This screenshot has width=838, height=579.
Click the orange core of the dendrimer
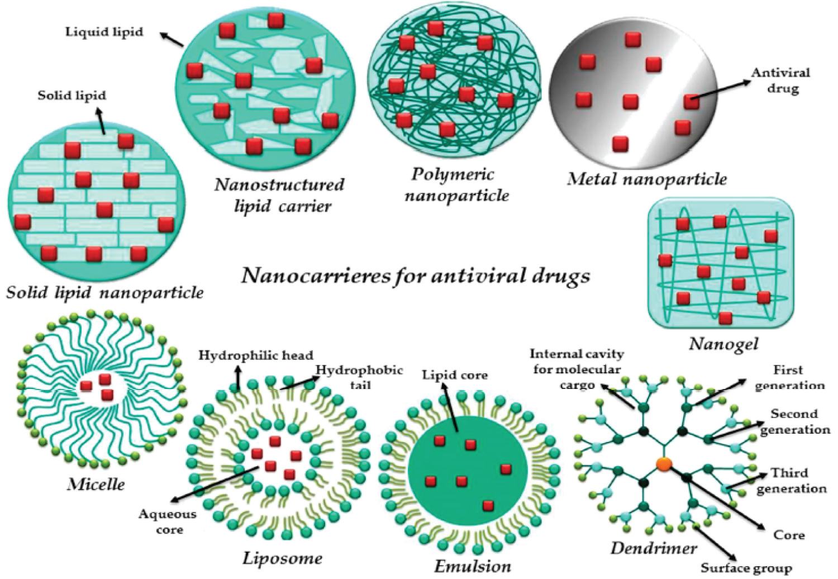click(664, 464)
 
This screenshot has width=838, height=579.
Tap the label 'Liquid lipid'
click(104, 32)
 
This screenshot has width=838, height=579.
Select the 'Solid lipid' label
click(72, 96)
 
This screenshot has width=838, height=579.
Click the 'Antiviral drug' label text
click(780, 80)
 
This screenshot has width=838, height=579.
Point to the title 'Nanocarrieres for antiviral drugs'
click(416, 276)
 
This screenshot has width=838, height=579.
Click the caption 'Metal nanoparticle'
click(647, 179)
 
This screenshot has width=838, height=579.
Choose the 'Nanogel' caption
click(723, 343)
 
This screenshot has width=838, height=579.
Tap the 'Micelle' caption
click(96, 484)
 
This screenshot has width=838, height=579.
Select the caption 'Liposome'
click(282, 558)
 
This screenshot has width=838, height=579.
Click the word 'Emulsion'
click(473, 566)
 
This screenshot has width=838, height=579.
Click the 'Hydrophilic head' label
click(256, 355)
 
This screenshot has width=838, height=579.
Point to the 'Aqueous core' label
click(168, 521)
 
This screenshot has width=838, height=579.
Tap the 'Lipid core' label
click(455, 375)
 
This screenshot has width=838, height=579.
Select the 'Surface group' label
click(746, 568)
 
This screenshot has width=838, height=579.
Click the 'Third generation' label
click(791, 481)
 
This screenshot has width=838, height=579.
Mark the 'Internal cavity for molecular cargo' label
click(577, 369)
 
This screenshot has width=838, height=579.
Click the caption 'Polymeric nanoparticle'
click(456, 184)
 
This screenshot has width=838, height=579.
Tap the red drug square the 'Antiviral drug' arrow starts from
click(692, 102)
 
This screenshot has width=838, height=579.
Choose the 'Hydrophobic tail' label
click(359, 377)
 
